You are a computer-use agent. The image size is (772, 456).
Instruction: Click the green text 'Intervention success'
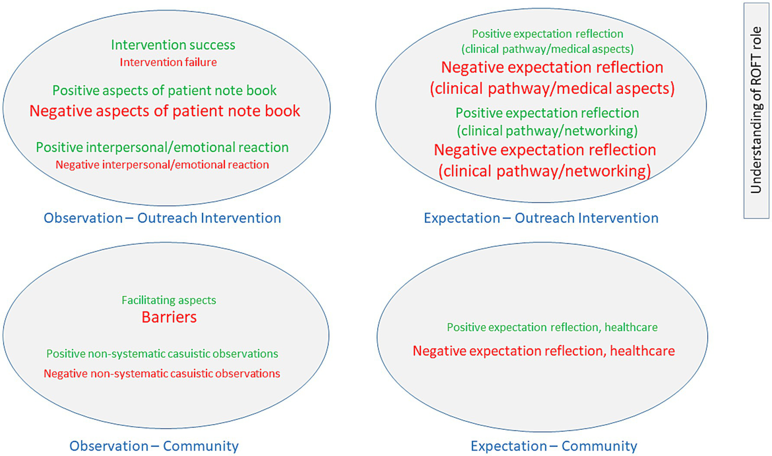click(x=173, y=45)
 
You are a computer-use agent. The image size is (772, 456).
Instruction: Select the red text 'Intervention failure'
click(x=168, y=62)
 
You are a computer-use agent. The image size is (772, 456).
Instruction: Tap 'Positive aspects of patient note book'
click(x=164, y=91)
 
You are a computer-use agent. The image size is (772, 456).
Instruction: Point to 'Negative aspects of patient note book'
click(x=164, y=111)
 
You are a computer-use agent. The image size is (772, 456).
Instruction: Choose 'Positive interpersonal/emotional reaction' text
click(x=162, y=147)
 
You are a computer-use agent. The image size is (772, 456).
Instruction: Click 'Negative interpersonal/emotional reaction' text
click(x=162, y=165)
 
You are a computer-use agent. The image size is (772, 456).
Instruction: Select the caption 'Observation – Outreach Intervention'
click(x=162, y=218)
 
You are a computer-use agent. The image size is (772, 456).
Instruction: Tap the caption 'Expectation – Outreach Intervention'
click(x=541, y=218)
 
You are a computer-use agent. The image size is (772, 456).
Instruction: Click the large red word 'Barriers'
click(x=169, y=317)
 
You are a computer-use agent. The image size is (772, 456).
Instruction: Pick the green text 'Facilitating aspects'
click(x=169, y=300)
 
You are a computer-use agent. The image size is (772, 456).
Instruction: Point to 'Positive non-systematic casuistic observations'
click(x=162, y=354)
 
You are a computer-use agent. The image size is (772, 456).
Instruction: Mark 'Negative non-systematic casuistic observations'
click(x=162, y=373)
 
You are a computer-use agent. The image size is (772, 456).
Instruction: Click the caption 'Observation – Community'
click(x=154, y=446)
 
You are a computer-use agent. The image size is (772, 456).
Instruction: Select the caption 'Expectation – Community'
click(x=554, y=446)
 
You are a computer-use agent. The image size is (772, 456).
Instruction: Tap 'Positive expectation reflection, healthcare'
click(x=552, y=327)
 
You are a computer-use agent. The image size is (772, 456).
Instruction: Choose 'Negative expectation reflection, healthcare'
click(x=544, y=351)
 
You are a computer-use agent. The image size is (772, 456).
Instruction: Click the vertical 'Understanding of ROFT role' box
click(x=756, y=110)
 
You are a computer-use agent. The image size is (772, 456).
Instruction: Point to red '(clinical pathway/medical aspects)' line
click(x=552, y=89)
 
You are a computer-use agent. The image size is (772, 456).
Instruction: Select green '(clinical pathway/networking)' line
click(x=547, y=131)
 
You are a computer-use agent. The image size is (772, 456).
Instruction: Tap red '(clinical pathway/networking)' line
click(x=545, y=171)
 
